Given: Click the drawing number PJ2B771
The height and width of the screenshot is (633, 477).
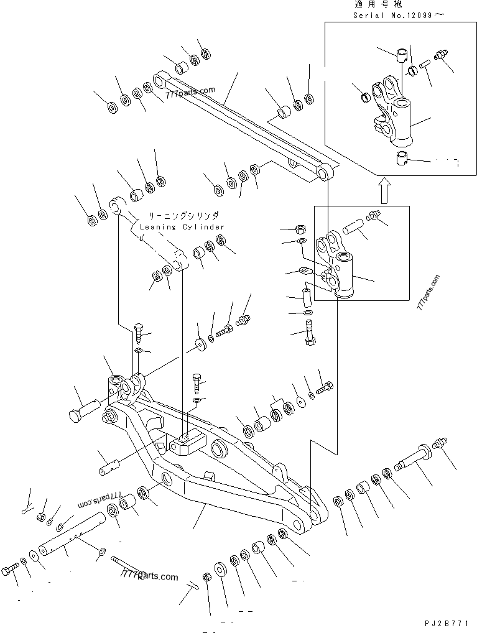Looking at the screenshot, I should point(447,623).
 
